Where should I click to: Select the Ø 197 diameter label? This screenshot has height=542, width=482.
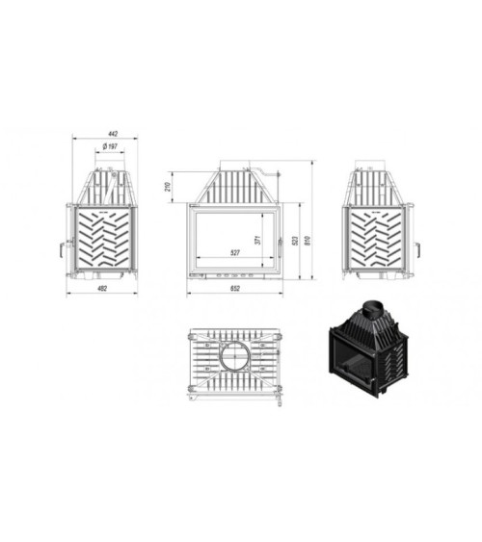[109, 146]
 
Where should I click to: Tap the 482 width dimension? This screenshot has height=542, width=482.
[101, 287]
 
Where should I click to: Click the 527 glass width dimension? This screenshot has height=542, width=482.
[233, 253]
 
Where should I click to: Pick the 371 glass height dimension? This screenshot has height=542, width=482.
[258, 240]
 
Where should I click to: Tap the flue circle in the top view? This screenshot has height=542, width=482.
[235, 358]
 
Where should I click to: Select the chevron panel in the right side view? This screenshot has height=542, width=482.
[382, 238]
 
